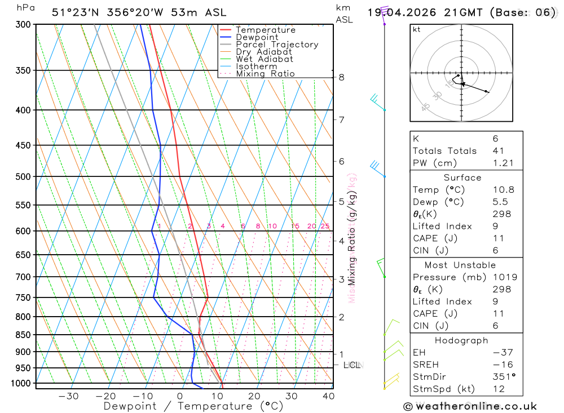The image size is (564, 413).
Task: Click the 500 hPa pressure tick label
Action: coord(23,176)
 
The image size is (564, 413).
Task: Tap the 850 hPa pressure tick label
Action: coord(23,335)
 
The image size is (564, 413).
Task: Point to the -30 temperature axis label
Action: coord(68,396)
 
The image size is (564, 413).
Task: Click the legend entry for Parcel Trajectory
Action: coord(277,45)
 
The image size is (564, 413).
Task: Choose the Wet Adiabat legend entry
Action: coord(265,59)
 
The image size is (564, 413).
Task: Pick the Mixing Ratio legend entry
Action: coord(265,74)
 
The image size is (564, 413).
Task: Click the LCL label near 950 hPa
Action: coord(352,365)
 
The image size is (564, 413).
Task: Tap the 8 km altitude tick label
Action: coord(341,77)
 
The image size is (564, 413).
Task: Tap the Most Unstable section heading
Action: coord(460,265)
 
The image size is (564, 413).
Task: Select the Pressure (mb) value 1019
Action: coord(503,277)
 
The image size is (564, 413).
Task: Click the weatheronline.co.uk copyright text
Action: coord(470,406)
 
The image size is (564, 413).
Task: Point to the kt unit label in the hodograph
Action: coord(417,29)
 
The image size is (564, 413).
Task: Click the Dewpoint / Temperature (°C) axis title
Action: coord(193,406)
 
